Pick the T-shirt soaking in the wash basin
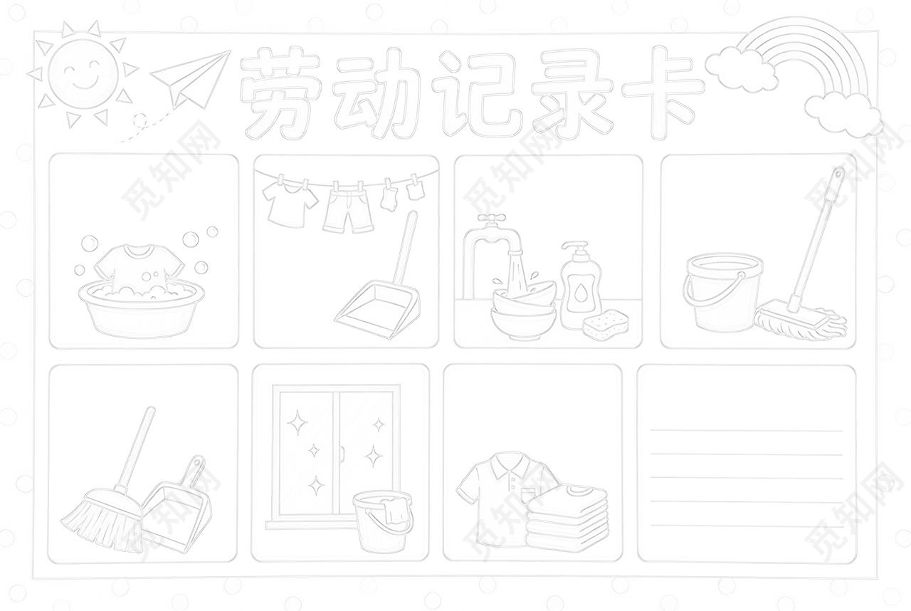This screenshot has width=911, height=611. [x=139, y=267]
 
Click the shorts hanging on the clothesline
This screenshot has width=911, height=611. [x=349, y=209]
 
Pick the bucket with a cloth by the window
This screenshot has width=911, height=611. [x=383, y=520]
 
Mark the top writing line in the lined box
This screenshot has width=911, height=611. [x=746, y=430]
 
